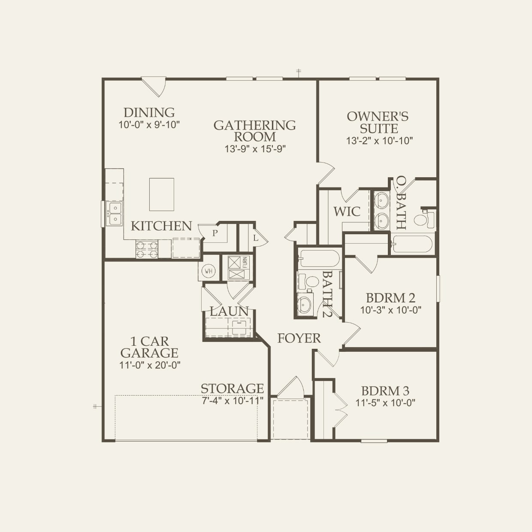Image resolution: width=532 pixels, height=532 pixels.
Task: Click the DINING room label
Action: (149, 112)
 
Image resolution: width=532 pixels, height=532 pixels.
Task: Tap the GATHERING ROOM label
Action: (254, 131)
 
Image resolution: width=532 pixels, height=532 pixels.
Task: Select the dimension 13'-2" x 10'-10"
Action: (379, 141)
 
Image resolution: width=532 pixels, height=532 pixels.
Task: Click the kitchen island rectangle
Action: (162, 194)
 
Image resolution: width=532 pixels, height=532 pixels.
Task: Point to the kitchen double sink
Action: (115, 213)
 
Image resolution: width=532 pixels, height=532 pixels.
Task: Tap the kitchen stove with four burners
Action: (147, 249)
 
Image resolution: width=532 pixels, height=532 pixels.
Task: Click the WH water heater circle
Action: (209, 271)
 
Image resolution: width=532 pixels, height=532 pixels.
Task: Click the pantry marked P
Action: (215, 233)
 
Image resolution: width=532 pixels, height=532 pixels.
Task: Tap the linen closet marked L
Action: (255, 237)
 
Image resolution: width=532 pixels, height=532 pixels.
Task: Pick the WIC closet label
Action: (347, 212)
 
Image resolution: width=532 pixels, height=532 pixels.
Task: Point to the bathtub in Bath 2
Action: (319, 259)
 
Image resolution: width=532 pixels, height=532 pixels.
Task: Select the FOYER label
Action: (299, 338)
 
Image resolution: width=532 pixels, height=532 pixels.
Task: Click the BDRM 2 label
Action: (390, 298)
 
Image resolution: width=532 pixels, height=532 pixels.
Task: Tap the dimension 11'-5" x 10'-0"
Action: (385, 403)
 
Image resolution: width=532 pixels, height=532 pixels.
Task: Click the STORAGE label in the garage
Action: (232, 388)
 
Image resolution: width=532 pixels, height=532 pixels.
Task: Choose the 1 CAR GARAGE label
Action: (149, 347)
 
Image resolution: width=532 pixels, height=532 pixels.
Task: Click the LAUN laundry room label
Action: (229, 311)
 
